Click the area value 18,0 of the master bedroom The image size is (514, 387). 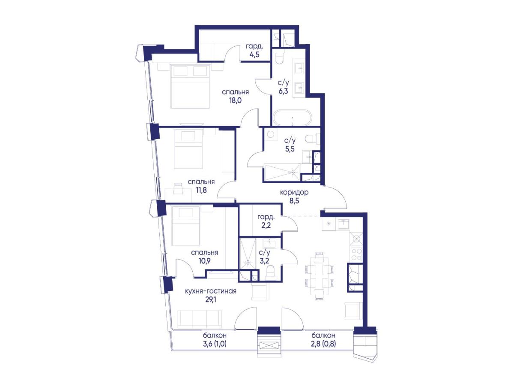[235, 100]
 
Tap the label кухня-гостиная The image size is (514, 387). [210, 291]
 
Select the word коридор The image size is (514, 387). [294, 193]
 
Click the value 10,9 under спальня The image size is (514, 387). [204, 261]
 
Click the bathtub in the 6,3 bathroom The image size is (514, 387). [292, 118]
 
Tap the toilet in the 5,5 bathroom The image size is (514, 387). [312, 139]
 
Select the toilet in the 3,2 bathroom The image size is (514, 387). [270, 272]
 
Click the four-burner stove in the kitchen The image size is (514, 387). [356, 254]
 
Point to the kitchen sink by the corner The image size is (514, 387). [344, 224]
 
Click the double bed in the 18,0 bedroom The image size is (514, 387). [190, 86]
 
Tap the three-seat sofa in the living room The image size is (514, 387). [200, 320]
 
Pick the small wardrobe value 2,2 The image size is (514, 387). [266, 225]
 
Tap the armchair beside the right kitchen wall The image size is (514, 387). [353, 311]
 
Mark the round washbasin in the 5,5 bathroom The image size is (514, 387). [271, 134]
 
